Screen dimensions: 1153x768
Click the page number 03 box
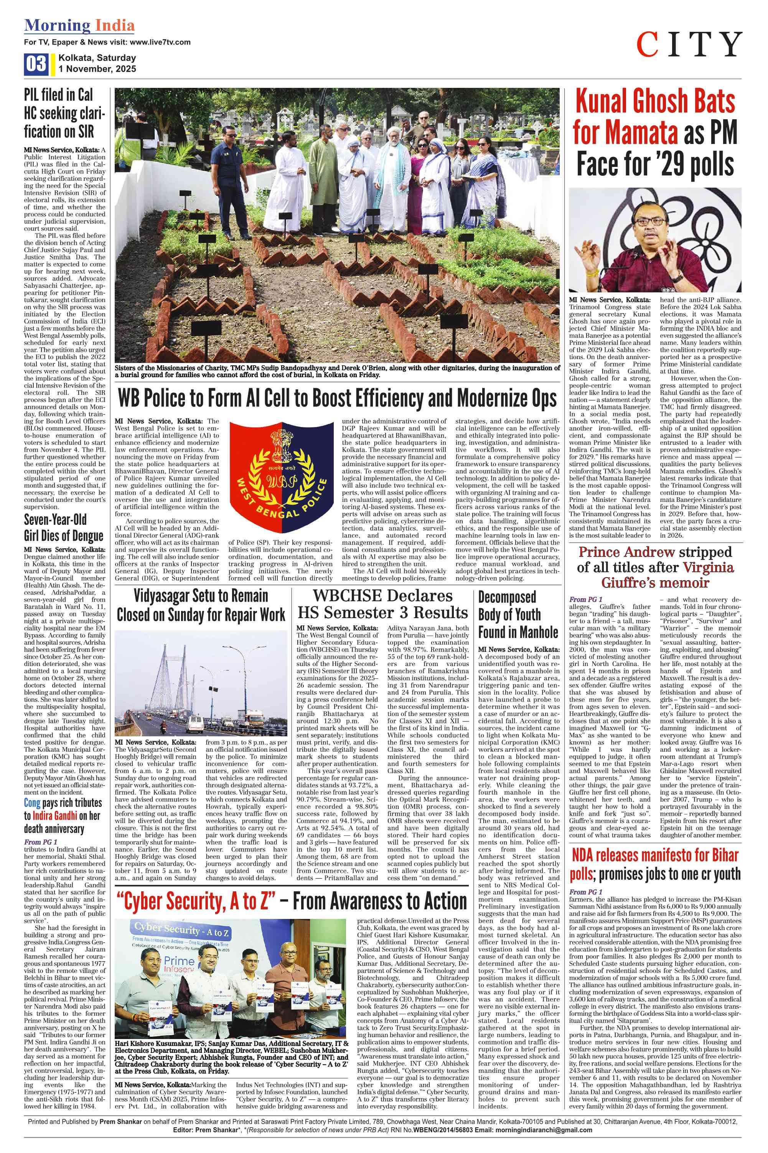click(36, 64)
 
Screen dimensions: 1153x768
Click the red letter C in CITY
click(648, 45)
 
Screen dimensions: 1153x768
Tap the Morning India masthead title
click(79, 25)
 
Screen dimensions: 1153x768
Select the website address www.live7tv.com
click(160, 42)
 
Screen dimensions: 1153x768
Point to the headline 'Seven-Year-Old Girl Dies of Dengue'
click(64, 527)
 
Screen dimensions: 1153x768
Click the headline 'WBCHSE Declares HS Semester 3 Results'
click(383, 604)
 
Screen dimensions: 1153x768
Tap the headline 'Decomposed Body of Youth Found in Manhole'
click(518, 614)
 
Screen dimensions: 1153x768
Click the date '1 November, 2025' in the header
click(97, 69)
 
